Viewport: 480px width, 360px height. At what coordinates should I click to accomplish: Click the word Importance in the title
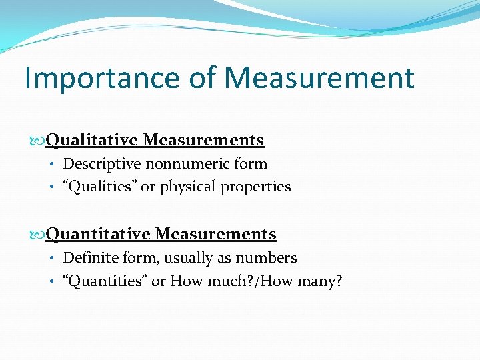pyautogui.click(x=101, y=78)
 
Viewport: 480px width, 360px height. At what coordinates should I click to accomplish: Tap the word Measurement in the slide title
pyautogui.click(x=319, y=78)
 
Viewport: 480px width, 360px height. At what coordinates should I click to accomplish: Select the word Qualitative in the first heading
pyautogui.click(x=91, y=140)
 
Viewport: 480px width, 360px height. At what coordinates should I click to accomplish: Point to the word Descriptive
pyautogui.click(x=103, y=164)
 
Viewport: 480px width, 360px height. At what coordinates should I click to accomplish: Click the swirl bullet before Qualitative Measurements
pyautogui.click(x=37, y=141)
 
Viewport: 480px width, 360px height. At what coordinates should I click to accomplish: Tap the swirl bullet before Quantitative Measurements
pyautogui.click(x=37, y=235)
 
